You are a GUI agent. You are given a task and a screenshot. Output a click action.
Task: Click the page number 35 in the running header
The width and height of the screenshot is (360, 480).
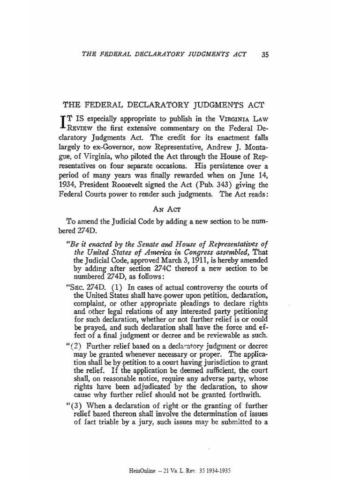click(x=265, y=54)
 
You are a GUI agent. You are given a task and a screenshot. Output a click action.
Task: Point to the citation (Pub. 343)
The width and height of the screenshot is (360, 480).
click(x=218, y=184)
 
